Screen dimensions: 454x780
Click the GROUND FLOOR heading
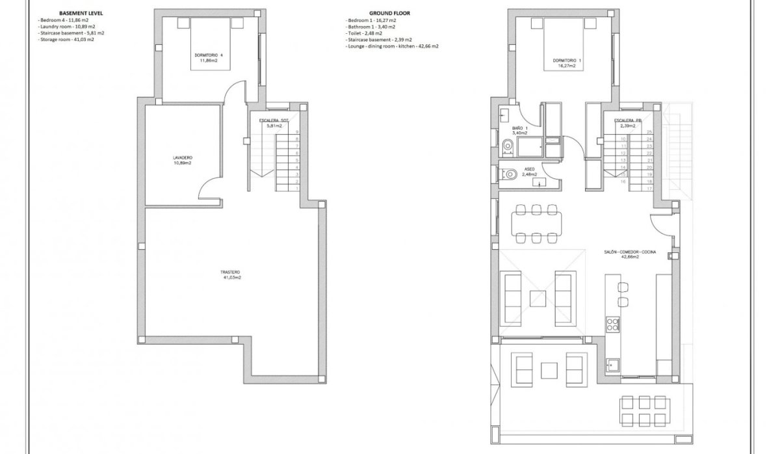(x=389, y=13)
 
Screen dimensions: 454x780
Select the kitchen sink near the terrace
(x=612, y=365)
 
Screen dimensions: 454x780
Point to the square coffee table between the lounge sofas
(x=538, y=299)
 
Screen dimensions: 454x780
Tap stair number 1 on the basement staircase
(x=296, y=188)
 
